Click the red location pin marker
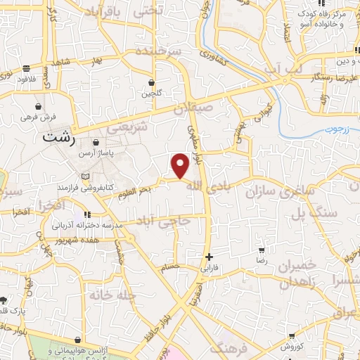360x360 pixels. coord(180,166)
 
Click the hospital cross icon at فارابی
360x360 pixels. coord(208,257)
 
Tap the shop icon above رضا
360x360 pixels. coord(262,250)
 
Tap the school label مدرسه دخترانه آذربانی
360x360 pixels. coord(86,226)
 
